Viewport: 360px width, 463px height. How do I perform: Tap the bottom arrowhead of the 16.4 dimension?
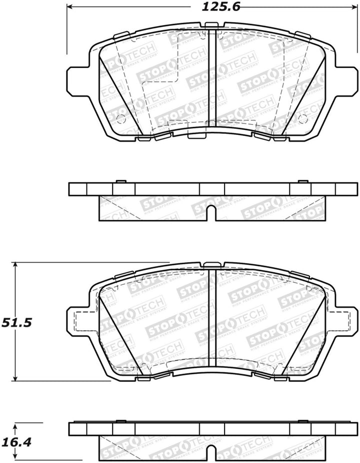[x=16, y=458]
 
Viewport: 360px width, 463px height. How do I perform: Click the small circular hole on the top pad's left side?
[x=120, y=118]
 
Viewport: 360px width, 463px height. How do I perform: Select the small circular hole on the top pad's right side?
[x=302, y=118]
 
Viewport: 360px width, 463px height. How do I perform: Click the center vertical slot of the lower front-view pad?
[x=211, y=320]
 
